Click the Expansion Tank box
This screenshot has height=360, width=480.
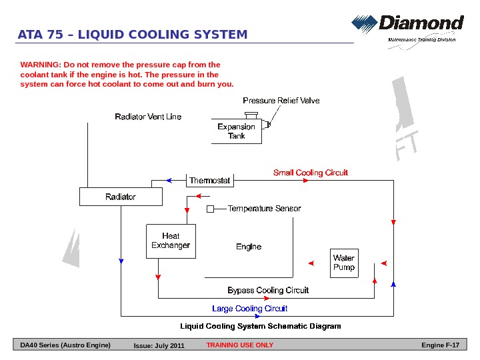pyautogui.click(x=237, y=131)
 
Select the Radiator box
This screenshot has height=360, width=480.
pyautogui.click(x=120, y=197)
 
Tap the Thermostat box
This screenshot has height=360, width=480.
pyautogui.click(x=209, y=181)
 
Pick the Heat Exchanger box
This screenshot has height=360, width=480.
pyautogui.click(x=171, y=241)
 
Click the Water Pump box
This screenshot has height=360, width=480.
pyautogui.click(x=344, y=263)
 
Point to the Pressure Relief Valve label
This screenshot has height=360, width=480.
pyautogui.click(x=281, y=101)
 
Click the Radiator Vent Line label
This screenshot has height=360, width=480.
pyautogui.click(x=148, y=117)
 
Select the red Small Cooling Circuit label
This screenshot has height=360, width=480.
pyautogui.click(x=311, y=173)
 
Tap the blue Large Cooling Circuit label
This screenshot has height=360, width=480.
pyautogui.click(x=249, y=309)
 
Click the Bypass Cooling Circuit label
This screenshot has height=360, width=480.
pyautogui.click(x=268, y=291)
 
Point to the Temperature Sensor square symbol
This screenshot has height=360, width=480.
pyautogui.click(x=210, y=209)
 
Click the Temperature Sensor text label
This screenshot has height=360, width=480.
pyautogui.click(x=264, y=209)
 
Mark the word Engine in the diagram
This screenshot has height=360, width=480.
pyautogui.click(x=249, y=247)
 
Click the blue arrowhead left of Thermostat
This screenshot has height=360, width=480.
pyautogui.click(x=169, y=181)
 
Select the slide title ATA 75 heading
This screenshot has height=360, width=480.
pyautogui.click(x=133, y=35)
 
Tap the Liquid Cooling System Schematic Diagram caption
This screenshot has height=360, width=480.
pyautogui.click(x=261, y=327)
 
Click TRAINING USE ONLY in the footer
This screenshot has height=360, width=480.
pyautogui.click(x=239, y=345)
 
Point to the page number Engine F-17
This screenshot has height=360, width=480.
pyautogui.click(x=441, y=345)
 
